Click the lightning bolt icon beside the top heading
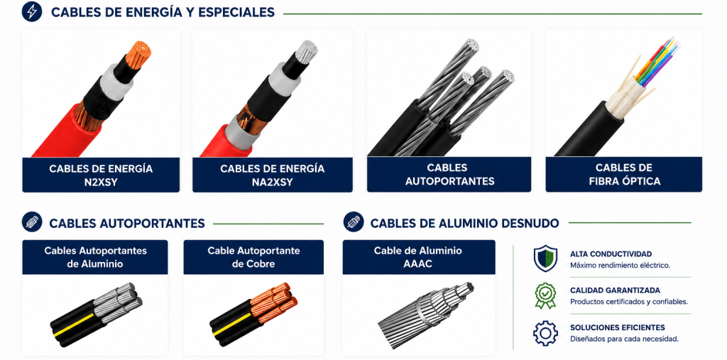[x=31, y=11]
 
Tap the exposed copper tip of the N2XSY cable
[x=138, y=54]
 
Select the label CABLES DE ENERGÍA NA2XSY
[x=272, y=175]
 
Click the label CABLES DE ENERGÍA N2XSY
[x=101, y=175]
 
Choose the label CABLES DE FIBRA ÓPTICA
[x=623, y=175]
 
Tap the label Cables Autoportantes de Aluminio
[x=96, y=257]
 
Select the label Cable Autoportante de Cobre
[x=253, y=257]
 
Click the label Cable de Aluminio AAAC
[x=418, y=257]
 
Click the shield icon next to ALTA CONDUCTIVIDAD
[x=545, y=258]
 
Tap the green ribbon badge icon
[x=545, y=295]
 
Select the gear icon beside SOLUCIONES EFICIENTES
[x=545, y=332]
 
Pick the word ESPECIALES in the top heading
[x=236, y=13]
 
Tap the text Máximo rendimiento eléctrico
[x=621, y=266]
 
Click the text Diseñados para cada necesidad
[x=625, y=339]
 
